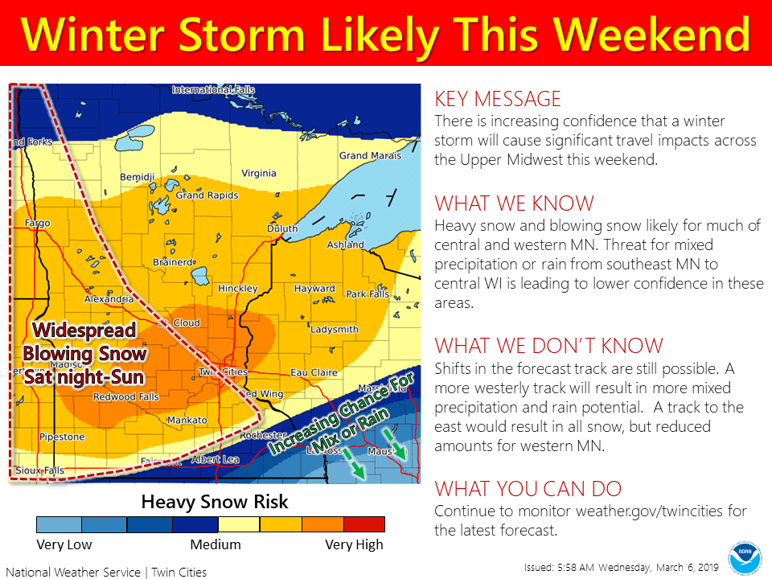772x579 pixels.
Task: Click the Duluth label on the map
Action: (283, 229)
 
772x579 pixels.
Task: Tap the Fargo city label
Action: (37, 223)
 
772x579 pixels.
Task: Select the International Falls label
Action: (214, 89)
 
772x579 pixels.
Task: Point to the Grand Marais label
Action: (364, 155)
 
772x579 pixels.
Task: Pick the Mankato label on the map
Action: (187, 421)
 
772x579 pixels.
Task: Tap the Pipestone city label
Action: (62, 437)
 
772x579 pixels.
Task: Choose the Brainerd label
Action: (173, 262)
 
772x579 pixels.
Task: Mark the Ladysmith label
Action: (334, 329)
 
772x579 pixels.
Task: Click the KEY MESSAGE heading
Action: (497, 99)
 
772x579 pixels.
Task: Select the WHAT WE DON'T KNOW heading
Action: (548, 346)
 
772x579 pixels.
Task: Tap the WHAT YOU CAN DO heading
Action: (528, 489)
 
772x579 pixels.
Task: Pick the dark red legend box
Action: (363, 524)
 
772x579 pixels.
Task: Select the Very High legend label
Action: (354, 545)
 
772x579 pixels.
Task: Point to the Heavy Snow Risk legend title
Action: (215, 503)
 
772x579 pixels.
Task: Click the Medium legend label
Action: (215, 545)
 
